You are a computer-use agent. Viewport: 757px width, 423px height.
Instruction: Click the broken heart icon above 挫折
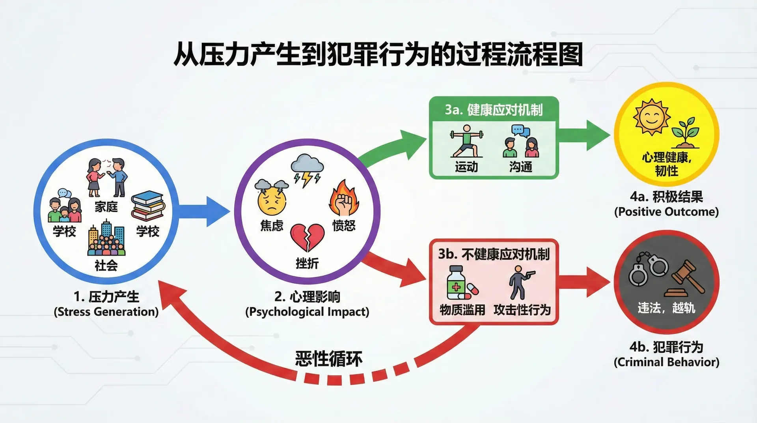pos(307,237)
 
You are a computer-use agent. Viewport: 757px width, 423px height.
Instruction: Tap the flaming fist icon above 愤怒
pos(344,198)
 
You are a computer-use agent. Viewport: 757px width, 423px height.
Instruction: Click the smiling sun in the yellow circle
pos(651,117)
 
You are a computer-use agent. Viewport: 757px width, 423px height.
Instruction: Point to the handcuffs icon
pos(648,268)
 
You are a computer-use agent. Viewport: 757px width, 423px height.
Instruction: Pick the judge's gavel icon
pos(684,279)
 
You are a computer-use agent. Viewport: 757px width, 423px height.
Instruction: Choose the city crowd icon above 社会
pos(106,239)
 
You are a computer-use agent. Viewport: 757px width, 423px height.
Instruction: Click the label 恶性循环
pos(328,359)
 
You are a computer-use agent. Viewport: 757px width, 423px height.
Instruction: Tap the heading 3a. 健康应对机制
pos(494,110)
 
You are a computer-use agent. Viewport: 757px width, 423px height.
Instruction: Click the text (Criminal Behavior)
pos(666,362)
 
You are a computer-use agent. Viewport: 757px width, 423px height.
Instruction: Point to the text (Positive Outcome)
pos(666,211)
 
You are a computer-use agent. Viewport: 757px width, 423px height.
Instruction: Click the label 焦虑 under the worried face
pos(272,225)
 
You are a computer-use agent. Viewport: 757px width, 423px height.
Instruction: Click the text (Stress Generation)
pos(106,312)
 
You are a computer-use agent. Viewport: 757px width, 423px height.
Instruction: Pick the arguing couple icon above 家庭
pos(106,178)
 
